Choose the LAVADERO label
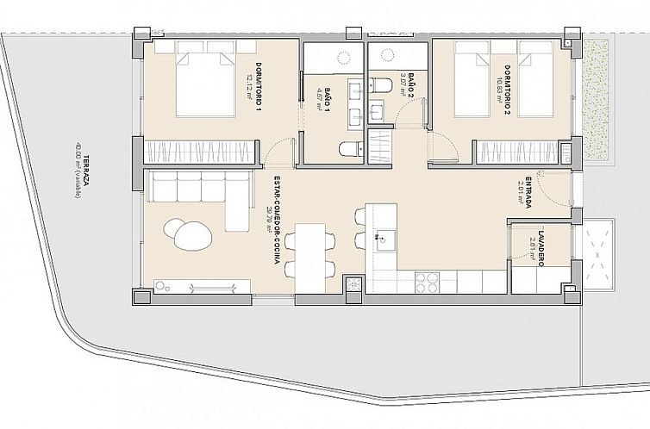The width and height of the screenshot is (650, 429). pyautogui.click(x=538, y=251)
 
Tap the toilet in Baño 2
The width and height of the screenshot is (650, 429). pyautogui.click(x=380, y=84)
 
